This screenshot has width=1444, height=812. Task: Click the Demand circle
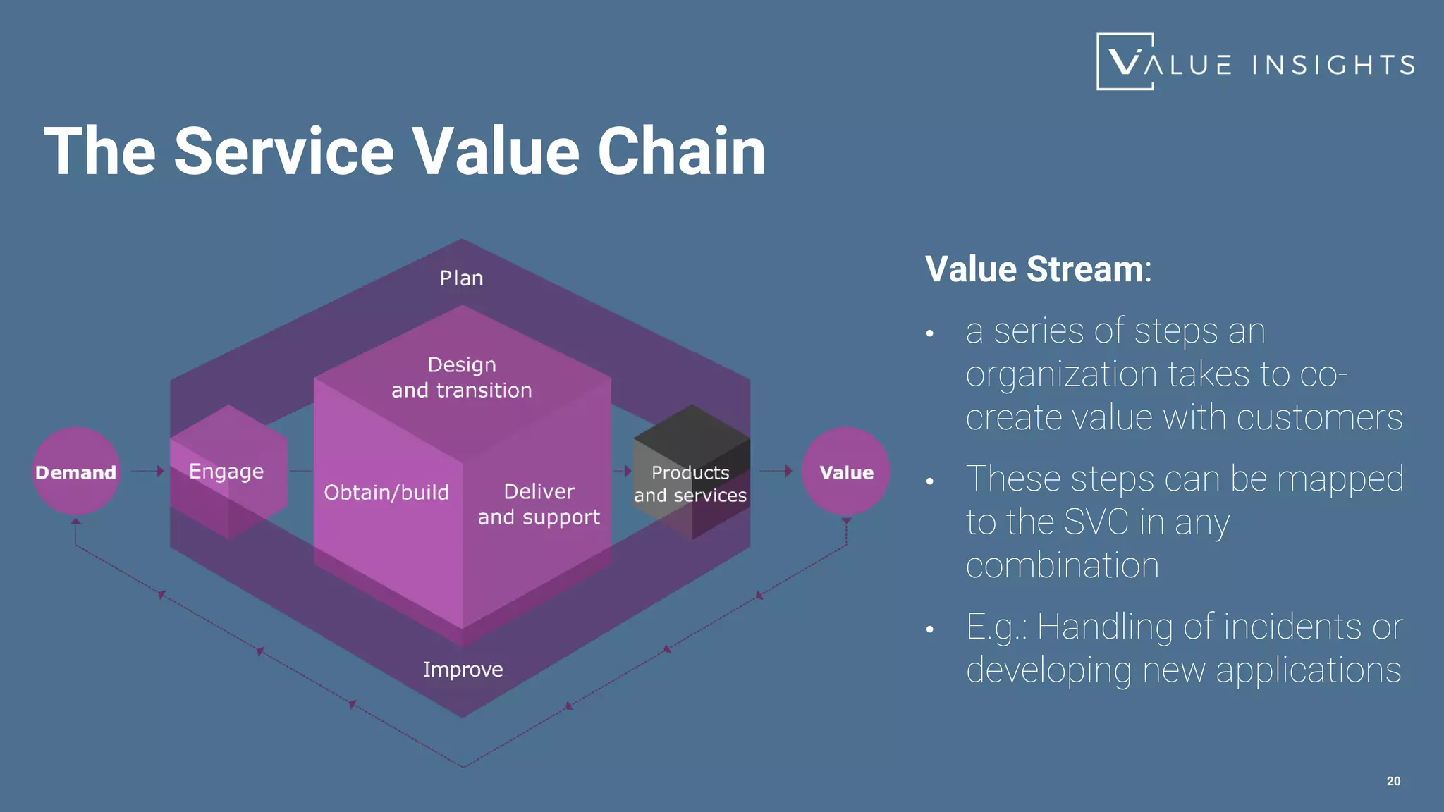pyautogui.click(x=75, y=472)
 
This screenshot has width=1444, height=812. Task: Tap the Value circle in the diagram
pyautogui.click(x=845, y=472)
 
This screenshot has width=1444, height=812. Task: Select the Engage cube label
pyautogui.click(x=226, y=471)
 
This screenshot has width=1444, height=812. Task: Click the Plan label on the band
pyautogui.click(x=461, y=278)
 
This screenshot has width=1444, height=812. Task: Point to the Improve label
pyautogui.click(x=463, y=669)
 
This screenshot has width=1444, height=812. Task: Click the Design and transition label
pyautogui.click(x=462, y=377)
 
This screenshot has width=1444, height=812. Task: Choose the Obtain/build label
pyautogui.click(x=386, y=492)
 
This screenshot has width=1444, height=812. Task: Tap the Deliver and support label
pyautogui.click(x=539, y=504)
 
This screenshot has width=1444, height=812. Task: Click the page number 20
pyautogui.click(x=1393, y=781)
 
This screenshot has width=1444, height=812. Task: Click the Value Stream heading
pyautogui.click(x=1037, y=269)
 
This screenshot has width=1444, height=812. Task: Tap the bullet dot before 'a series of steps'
pyautogui.click(x=930, y=333)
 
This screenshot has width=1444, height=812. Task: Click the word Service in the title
pyautogui.click(x=283, y=152)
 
